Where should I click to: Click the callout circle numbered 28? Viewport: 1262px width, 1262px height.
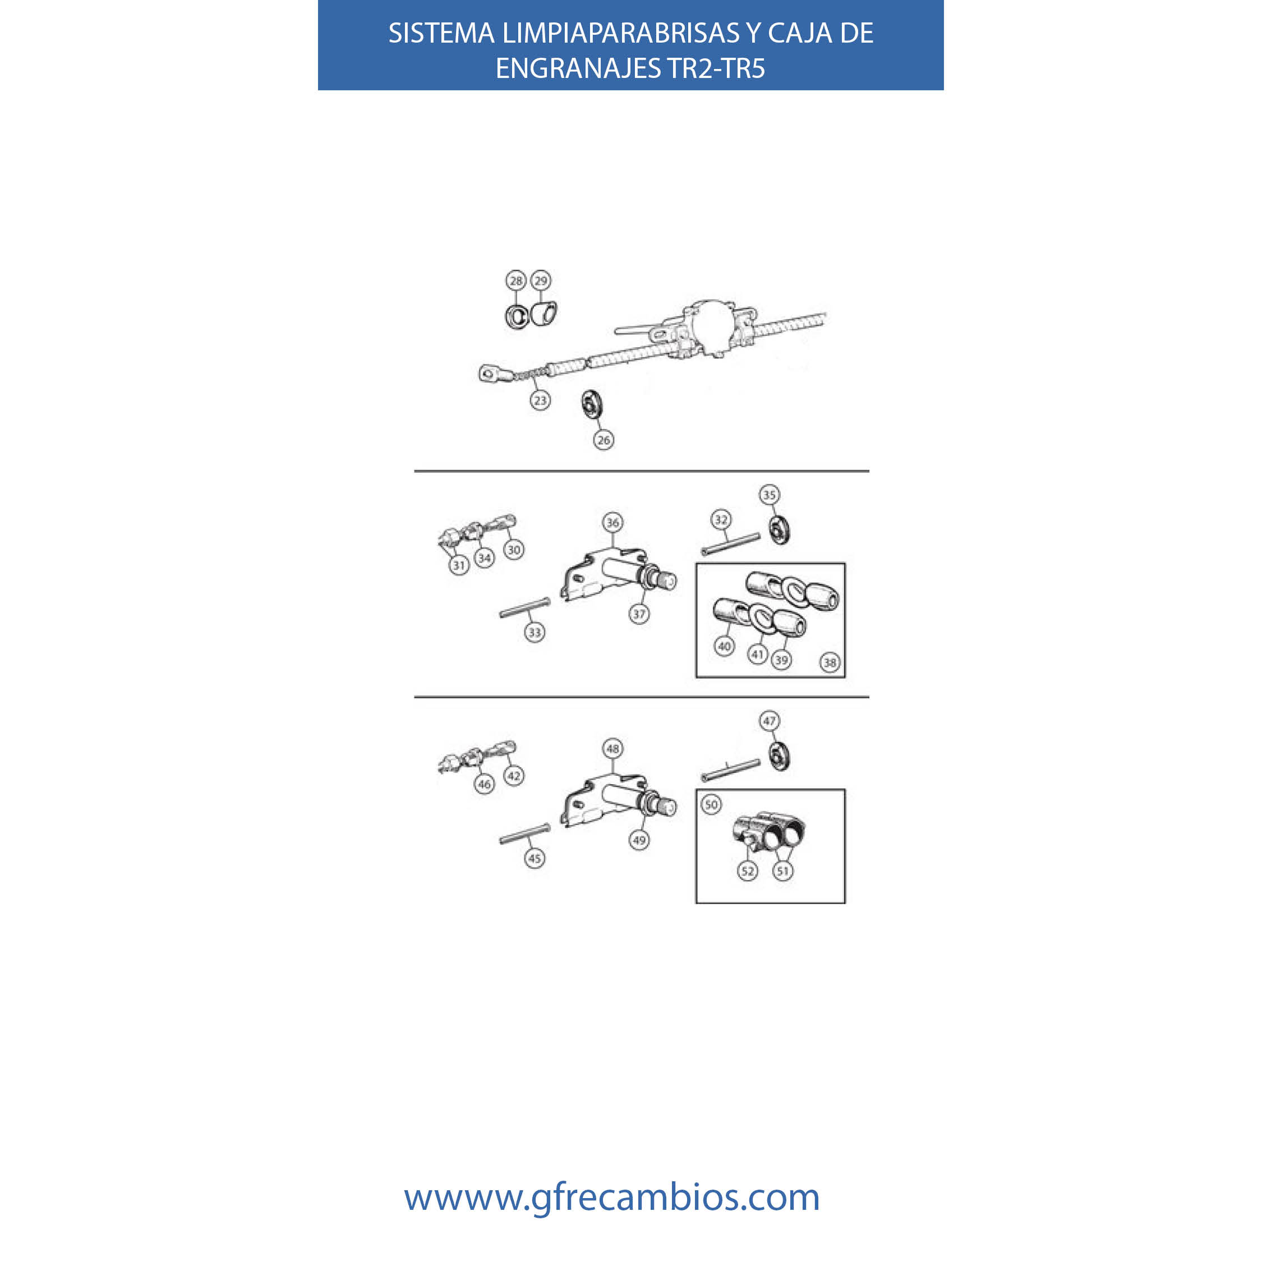516,280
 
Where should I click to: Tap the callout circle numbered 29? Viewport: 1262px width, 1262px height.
541,280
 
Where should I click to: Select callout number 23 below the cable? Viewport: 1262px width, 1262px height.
540,400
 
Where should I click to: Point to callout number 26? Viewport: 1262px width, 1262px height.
604,440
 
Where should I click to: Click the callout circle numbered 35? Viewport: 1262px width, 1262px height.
770,495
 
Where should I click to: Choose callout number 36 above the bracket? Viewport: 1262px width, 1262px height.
612,522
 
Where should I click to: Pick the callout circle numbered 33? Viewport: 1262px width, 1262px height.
535,632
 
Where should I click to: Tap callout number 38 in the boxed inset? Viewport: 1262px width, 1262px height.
830,662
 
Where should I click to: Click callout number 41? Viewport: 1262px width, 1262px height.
758,654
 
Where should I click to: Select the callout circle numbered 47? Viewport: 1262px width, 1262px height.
770,721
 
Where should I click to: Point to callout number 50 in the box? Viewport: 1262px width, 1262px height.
712,804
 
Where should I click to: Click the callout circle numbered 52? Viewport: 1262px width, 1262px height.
748,870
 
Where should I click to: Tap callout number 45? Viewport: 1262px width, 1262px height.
535,858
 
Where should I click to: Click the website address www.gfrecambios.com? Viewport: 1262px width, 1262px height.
611,1197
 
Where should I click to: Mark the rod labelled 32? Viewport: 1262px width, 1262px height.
731,544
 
